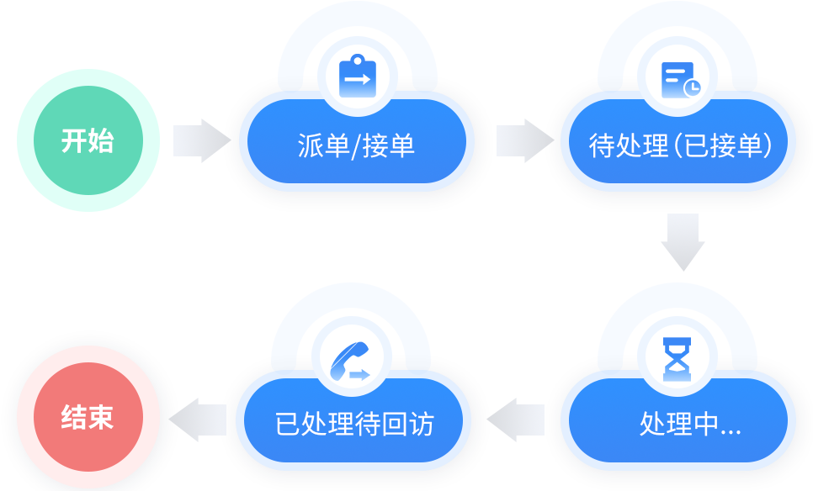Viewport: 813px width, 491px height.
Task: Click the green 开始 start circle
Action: coord(88,140)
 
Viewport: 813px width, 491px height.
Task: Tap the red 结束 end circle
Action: coord(88,418)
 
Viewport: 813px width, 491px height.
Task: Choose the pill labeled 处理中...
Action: coord(678,422)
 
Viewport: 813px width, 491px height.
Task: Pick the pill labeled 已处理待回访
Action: coord(353,422)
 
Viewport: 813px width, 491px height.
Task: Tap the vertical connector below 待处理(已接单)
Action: coord(682,243)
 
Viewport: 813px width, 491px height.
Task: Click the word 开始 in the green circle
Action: coord(88,140)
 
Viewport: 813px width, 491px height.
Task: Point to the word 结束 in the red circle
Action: coord(88,418)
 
